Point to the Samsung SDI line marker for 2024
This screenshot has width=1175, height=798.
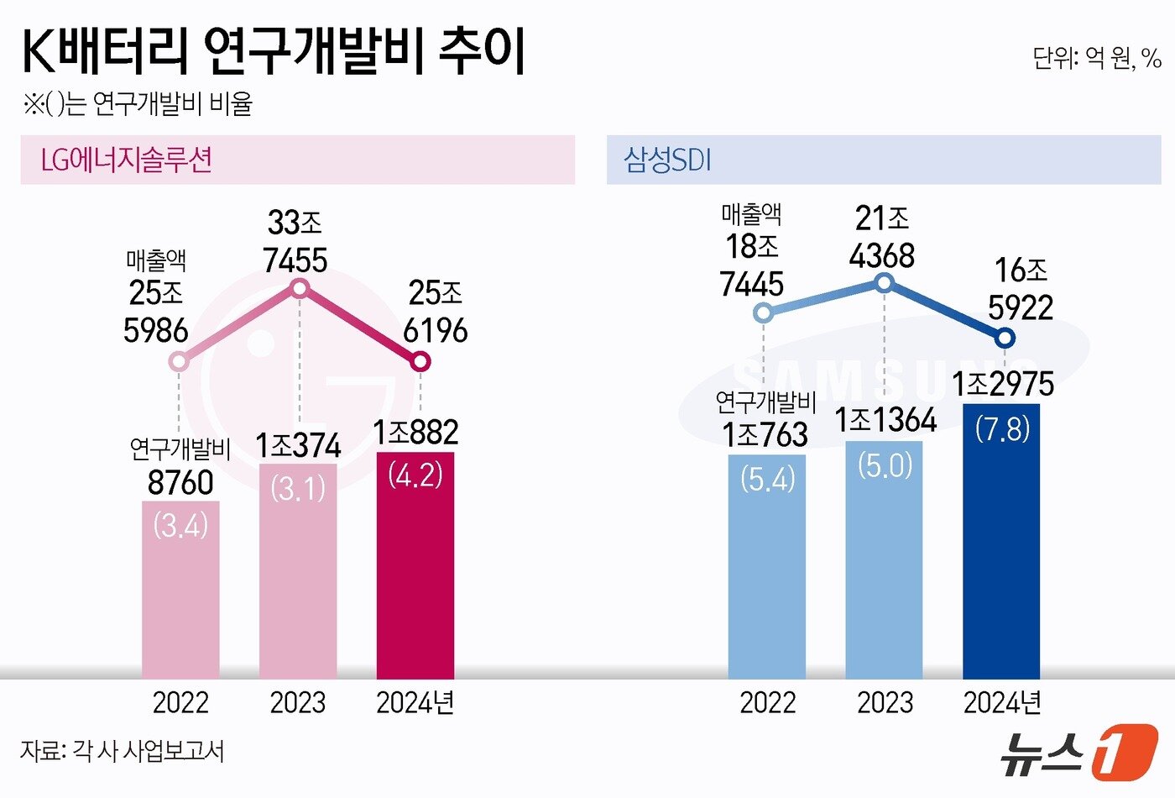pos(1005,339)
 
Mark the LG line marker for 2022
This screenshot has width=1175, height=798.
pos(179,362)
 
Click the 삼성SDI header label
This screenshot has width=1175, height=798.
pos(667,160)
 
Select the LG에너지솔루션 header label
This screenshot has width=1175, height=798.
pos(126,160)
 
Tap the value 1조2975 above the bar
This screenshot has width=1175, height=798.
pos(1002,385)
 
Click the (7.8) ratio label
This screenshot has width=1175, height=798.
pos(1002,429)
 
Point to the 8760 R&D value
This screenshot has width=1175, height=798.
pos(180,483)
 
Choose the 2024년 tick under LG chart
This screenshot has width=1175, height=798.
pos(415,702)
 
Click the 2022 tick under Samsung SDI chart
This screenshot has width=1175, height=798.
pos(767,702)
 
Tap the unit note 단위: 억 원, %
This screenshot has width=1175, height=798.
pos(1096,58)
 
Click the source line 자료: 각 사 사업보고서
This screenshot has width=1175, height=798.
pos(123,750)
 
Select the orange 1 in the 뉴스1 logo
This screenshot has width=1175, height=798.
pos(1125,752)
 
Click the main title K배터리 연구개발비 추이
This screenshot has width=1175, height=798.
pos(273,52)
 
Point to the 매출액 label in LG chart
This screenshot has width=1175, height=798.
pos(156,260)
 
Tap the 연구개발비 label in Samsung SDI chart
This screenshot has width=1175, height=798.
pos(765,402)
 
